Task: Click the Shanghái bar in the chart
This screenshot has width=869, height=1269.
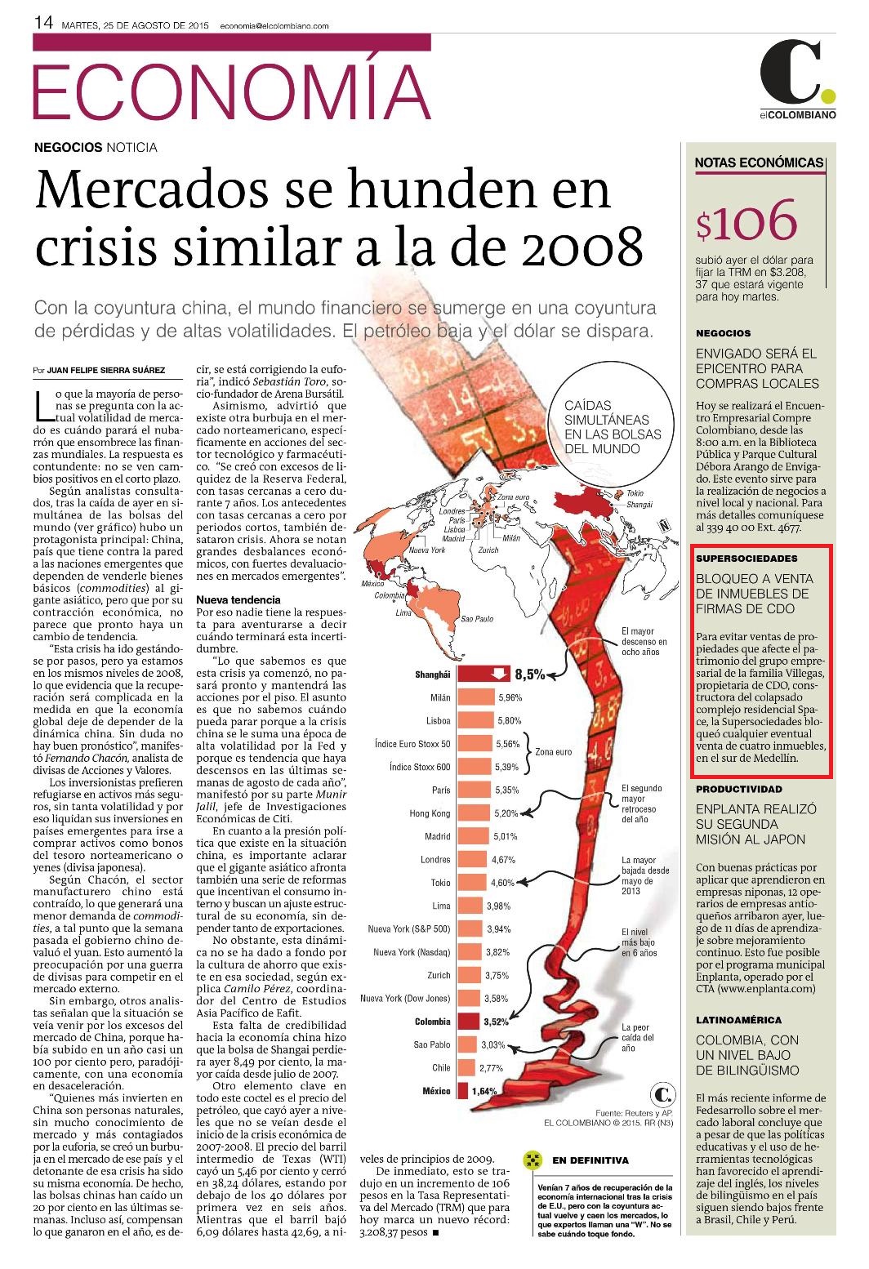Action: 484,674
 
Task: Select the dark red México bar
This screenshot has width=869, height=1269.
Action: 463,1090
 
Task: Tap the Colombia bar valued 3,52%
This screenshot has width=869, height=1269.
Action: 469,1022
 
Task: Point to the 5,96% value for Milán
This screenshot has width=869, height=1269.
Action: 510,697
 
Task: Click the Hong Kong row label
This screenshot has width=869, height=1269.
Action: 430,813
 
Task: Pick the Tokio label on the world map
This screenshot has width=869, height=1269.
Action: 635,493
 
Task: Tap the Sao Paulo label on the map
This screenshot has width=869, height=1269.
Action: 476,619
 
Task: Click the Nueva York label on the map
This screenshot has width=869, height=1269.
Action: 427,550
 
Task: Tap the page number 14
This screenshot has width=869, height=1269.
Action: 43,22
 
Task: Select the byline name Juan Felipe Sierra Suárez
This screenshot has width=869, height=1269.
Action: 106,370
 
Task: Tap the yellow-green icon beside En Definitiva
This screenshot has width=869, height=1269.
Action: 533,1160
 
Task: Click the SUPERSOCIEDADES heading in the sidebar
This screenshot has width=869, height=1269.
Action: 746,558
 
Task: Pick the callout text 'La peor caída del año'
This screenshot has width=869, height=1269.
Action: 637,1037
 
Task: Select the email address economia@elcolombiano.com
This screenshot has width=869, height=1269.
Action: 274,25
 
